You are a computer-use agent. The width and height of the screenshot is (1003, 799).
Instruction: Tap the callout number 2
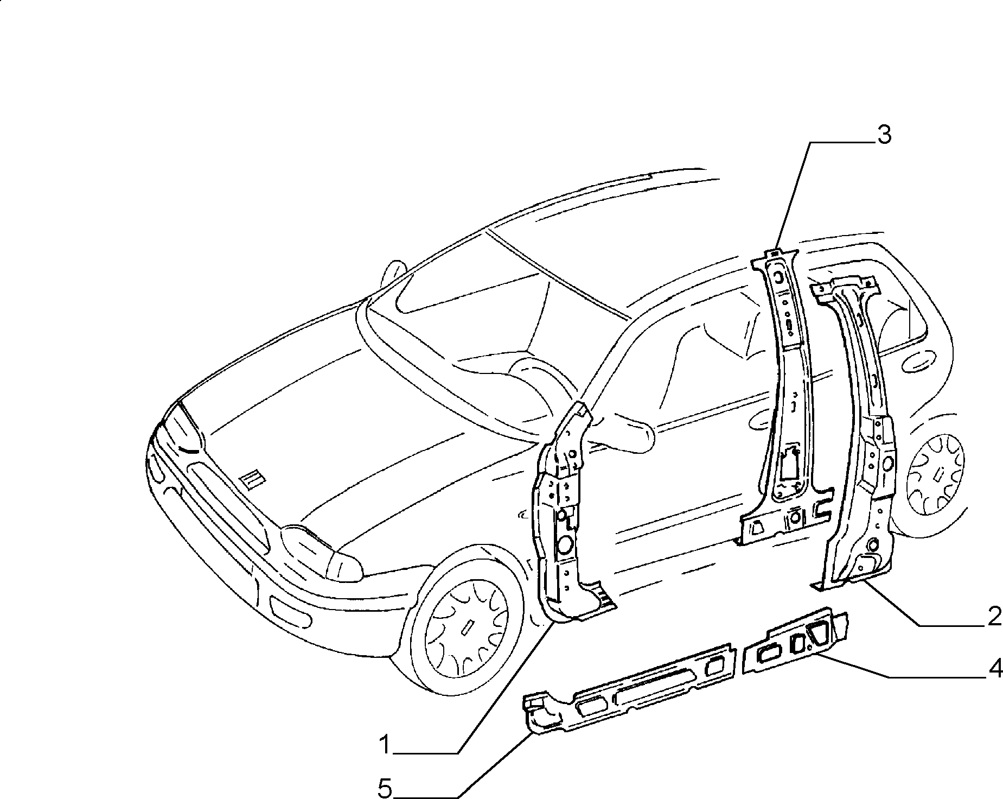coord(994,617)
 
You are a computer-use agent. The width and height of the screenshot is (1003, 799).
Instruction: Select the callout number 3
coord(884,135)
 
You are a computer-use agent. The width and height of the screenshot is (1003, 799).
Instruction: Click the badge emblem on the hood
coord(253,479)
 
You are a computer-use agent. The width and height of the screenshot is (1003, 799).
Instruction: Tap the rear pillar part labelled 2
coord(863,434)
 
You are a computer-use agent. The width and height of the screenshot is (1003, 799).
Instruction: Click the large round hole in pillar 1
coord(565,544)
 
